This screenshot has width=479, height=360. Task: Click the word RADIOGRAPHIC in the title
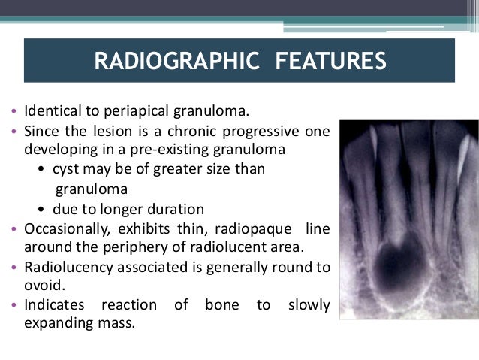[173, 59]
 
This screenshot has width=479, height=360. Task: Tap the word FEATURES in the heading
[325, 59]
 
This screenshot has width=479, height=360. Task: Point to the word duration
[177, 208]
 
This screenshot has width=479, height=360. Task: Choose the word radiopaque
[260, 228]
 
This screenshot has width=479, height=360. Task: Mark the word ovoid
[42, 285]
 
